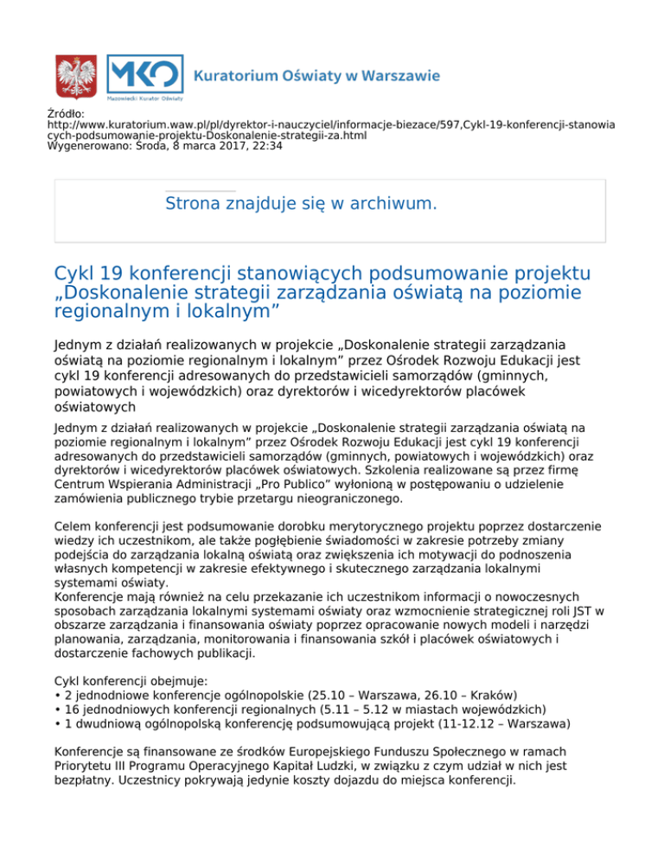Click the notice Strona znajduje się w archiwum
click(300, 204)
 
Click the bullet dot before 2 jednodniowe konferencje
click(56, 695)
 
